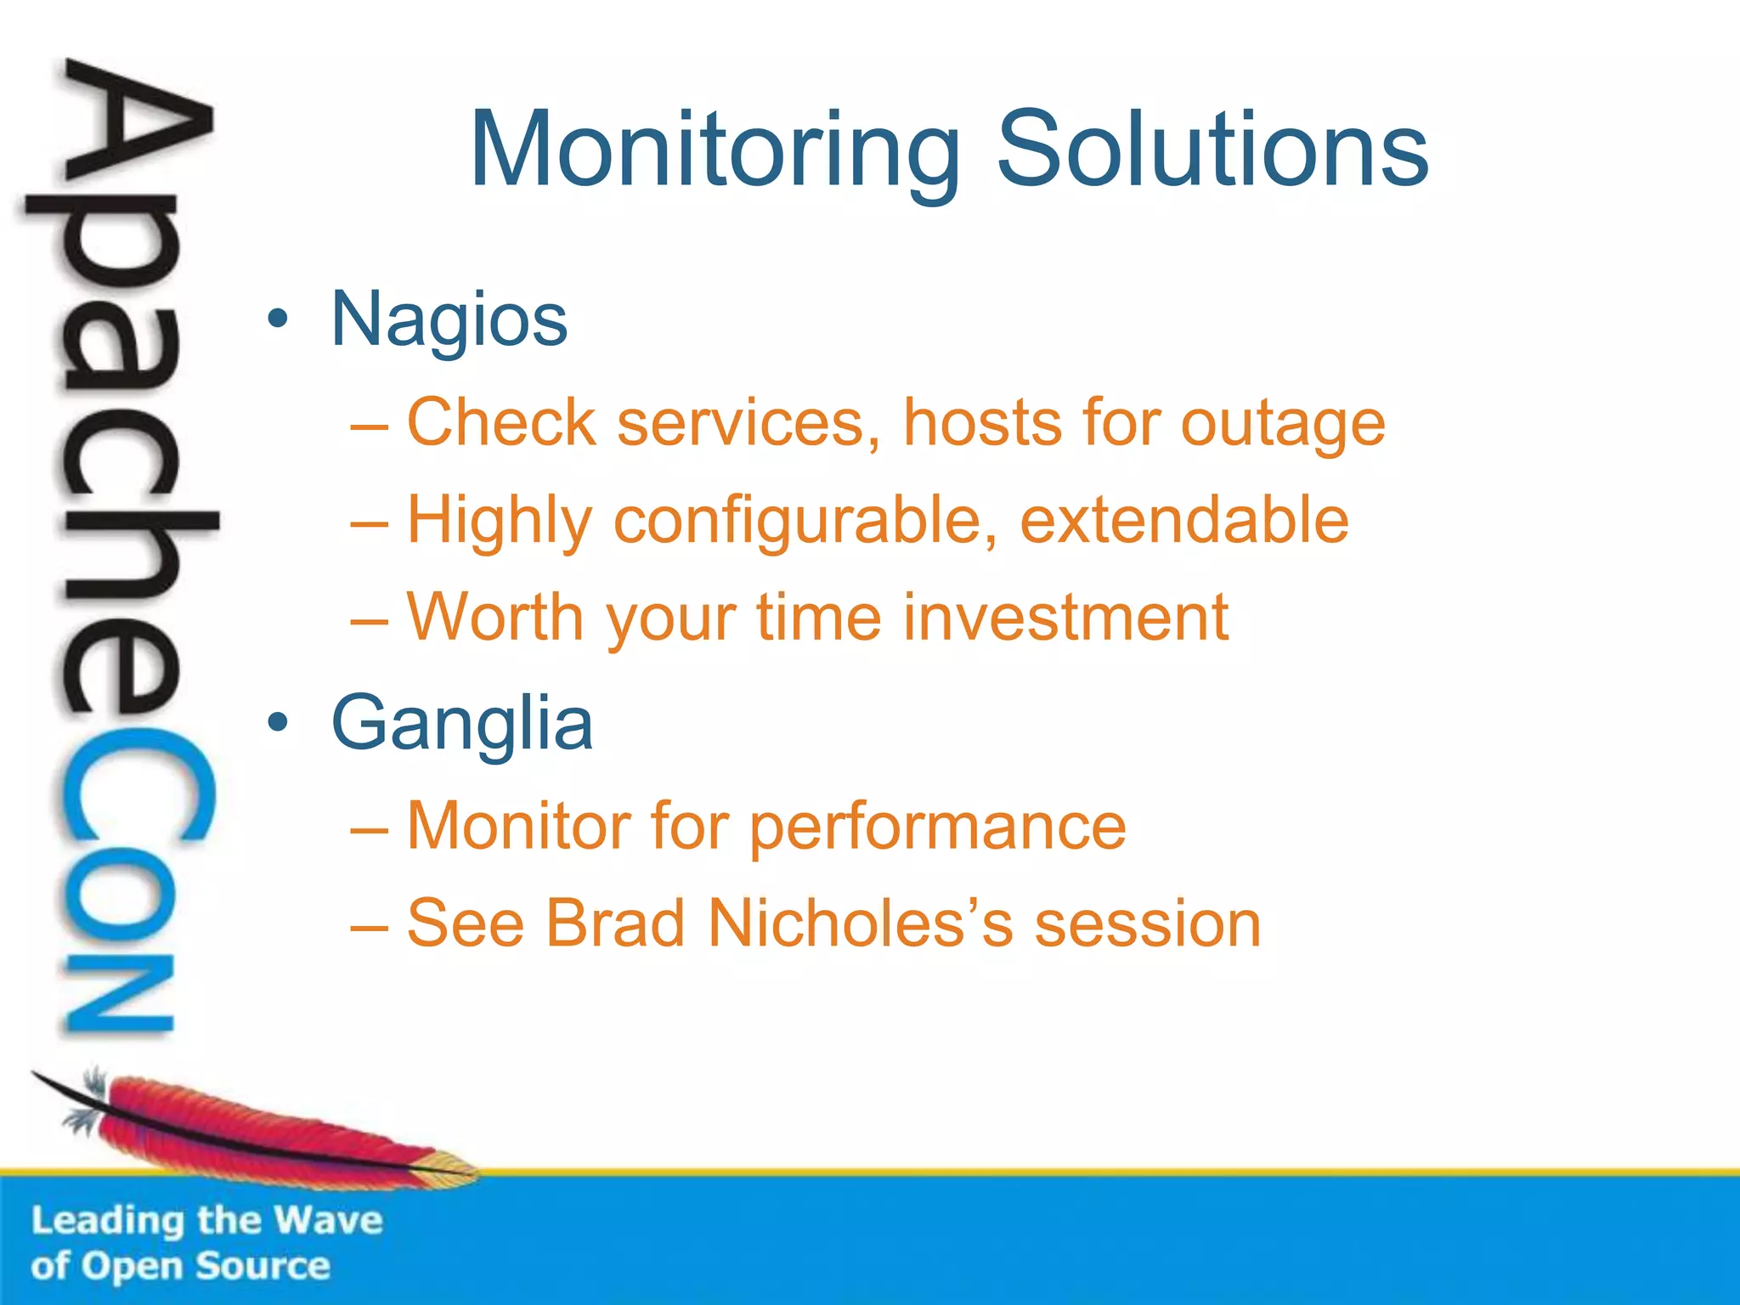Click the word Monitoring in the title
pos(715,151)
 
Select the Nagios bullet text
pos(449,320)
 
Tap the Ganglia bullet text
pos(461,723)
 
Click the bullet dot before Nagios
pos(278,320)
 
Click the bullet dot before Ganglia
pos(278,723)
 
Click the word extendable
pos(1184,520)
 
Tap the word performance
pos(937,827)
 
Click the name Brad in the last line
pos(614,924)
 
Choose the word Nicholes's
pos(861,924)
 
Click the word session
pos(1147,924)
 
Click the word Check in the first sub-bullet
pos(501,423)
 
